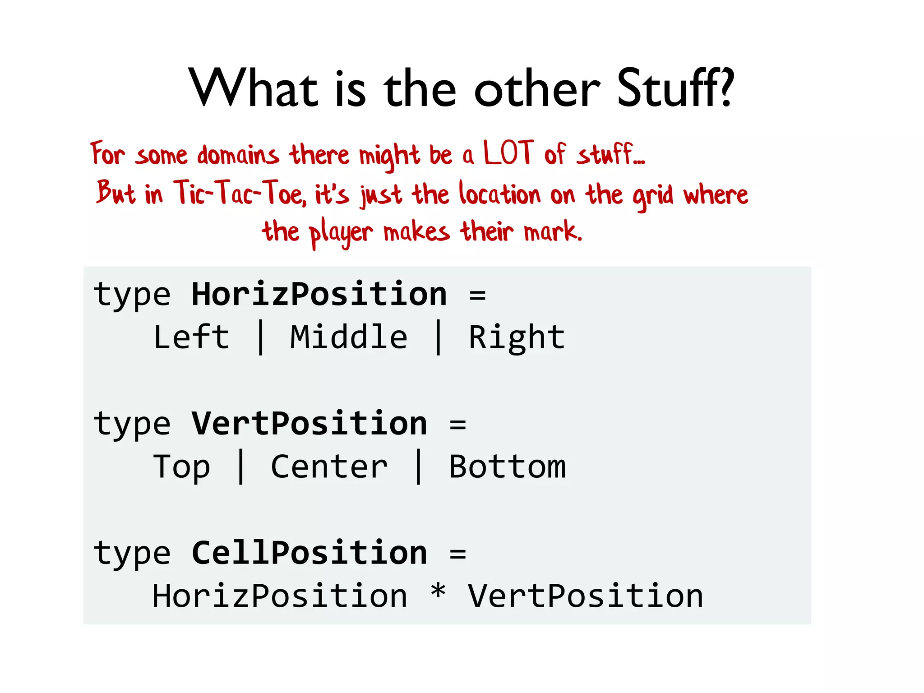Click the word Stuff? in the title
pos(675,88)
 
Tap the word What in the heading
pos(253,88)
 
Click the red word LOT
pos(508,153)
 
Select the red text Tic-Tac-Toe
pos(240,193)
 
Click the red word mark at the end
pos(553,232)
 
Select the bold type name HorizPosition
pos(319,295)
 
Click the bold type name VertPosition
pos(309,424)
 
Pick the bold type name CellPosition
pos(309,553)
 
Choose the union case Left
pos(191,337)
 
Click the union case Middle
pos(348,337)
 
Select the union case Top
pos(181,467)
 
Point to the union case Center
pos(329,467)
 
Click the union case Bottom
pos(507,467)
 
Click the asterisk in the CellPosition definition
pos(438,592)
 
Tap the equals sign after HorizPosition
pos(477,296)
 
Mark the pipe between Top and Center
pos(241,467)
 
